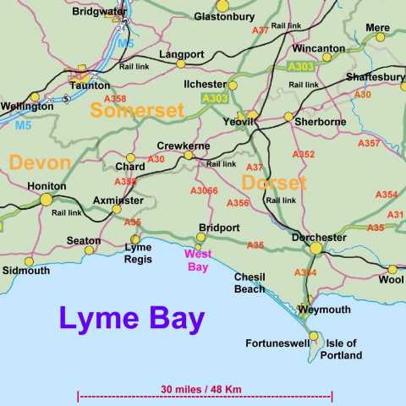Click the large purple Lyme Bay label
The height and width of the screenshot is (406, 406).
click(131, 320)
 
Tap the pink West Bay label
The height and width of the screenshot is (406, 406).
click(199, 260)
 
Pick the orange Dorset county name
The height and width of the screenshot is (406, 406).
click(273, 183)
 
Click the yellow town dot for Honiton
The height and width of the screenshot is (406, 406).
click(46, 200)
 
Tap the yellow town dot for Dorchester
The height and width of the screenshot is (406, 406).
click(315, 248)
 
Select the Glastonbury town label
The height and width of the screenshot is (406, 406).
click(223, 16)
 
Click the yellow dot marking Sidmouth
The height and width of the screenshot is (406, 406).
click(29, 261)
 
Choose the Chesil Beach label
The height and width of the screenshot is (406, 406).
click(250, 283)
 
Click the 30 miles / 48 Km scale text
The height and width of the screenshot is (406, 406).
click(201, 389)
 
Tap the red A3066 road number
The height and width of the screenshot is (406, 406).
click(204, 191)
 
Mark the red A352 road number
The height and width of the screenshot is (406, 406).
click(303, 154)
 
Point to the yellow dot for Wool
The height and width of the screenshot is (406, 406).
click(392, 269)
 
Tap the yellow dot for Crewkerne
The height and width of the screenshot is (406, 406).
click(189, 155)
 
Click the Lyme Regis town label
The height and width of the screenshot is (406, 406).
click(138, 253)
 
